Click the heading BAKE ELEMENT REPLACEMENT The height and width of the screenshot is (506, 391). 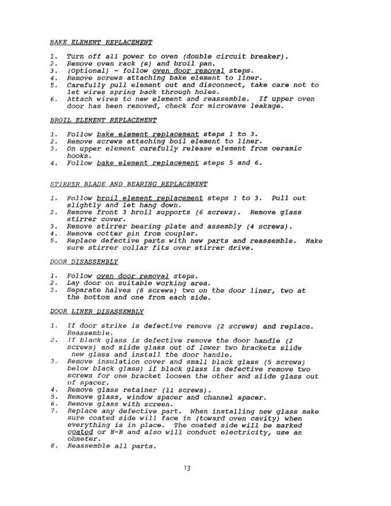click(101, 42)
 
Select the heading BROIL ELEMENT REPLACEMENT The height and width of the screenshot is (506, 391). click(103, 120)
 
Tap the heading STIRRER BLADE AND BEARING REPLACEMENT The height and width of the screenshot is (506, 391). click(129, 184)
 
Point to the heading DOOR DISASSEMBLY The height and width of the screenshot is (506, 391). click(84, 262)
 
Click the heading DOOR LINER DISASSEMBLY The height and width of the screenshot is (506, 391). click(97, 312)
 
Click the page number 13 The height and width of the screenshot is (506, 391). click(187, 468)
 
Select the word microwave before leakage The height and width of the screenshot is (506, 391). click(228, 106)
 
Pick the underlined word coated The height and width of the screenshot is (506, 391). click(80, 432)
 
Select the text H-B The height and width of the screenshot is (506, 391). click(116, 432)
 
